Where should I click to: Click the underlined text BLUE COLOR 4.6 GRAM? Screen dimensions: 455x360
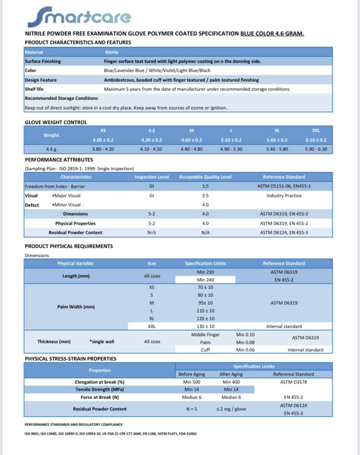[272, 33]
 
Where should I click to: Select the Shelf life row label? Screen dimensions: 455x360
[34, 89]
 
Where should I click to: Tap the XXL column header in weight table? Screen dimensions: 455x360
[316, 130]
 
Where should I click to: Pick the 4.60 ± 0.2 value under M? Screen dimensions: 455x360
[191, 140]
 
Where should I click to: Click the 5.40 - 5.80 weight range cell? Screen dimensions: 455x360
[277, 149]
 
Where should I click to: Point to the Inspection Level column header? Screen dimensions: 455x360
[151, 177]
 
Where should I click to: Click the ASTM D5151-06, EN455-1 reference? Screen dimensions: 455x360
[284, 186]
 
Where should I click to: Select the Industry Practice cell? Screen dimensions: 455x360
[284, 196]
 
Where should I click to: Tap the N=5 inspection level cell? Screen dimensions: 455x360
[151, 232]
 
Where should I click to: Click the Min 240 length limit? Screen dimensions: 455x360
[205, 280]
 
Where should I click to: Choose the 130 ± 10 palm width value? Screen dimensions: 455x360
[205, 326]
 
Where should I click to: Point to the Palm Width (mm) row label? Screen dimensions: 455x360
[76, 307]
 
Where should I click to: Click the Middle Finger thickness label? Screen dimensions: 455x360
[205, 335]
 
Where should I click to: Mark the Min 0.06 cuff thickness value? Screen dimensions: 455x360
[246, 350]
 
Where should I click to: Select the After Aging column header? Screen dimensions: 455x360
[231, 374]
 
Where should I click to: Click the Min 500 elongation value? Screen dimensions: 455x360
[191, 382]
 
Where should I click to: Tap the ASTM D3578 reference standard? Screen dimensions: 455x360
[293, 382]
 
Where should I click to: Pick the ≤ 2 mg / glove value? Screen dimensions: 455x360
[231, 409]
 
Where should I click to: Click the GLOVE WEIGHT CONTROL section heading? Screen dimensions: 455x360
[56, 122]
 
